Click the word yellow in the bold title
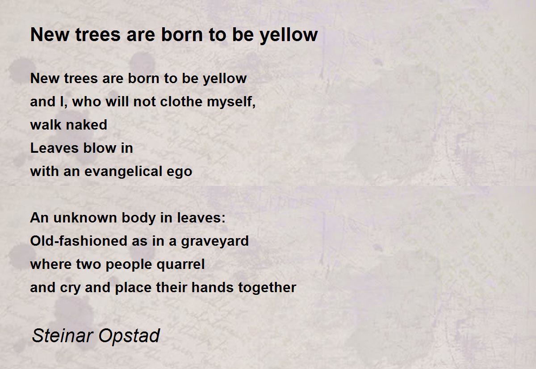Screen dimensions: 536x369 (289, 35)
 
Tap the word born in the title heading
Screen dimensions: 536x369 (182, 35)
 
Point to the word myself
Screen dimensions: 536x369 (231, 102)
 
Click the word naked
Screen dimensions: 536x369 (86, 125)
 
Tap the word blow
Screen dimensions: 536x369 (100, 148)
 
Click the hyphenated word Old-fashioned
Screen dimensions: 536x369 (79, 241)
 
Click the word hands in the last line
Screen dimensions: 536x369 (213, 287)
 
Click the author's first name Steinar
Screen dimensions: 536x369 (62, 335)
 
